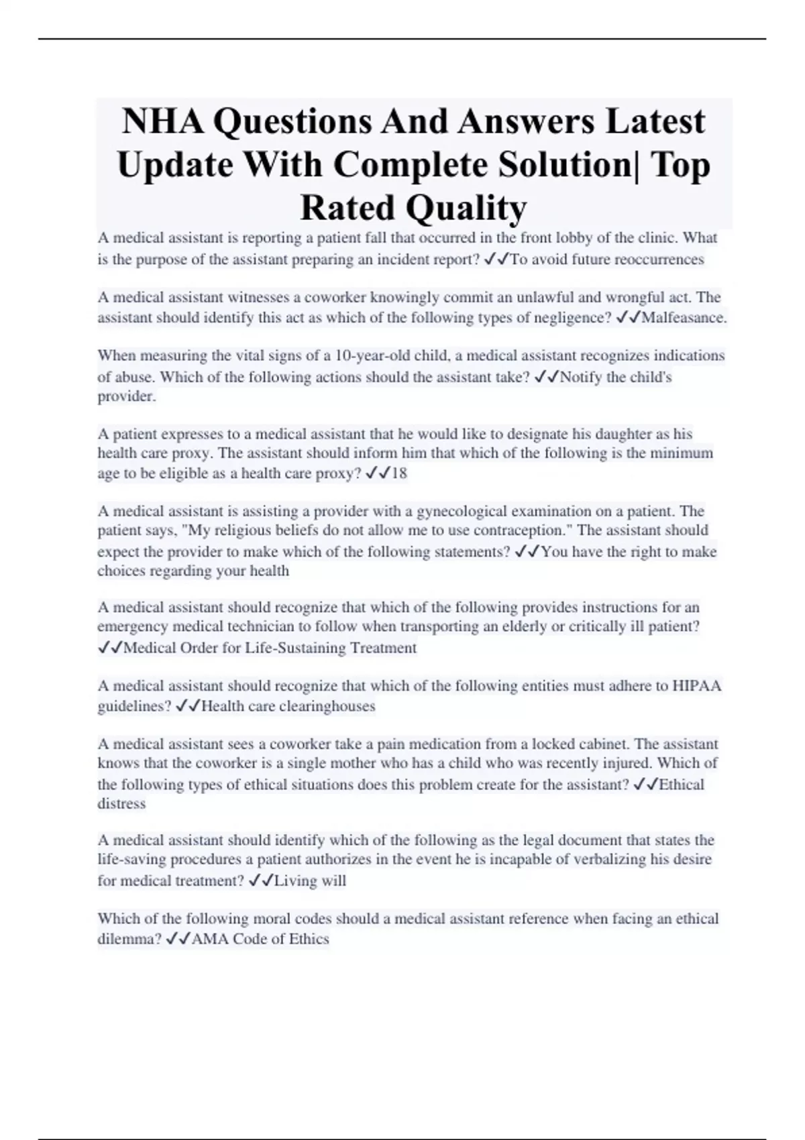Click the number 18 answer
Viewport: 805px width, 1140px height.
coord(399,473)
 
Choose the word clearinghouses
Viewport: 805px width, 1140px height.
coord(327,706)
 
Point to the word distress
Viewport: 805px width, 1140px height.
coord(121,803)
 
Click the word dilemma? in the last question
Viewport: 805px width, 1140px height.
coord(129,939)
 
